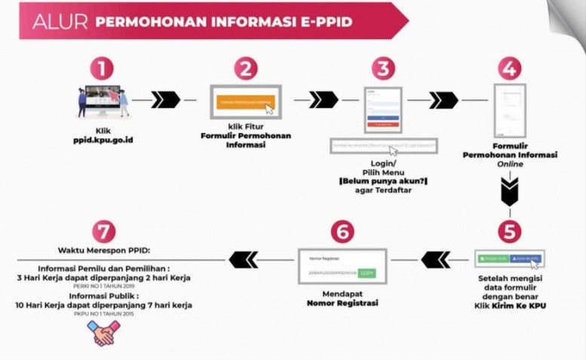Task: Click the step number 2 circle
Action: coord(247,69)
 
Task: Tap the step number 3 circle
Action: coord(382,69)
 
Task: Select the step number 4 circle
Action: coord(509,69)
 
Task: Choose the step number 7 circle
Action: coord(103,231)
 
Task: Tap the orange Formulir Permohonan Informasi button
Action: coord(245,100)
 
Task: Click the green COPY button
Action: coord(366,272)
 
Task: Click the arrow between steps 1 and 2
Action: coord(166,100)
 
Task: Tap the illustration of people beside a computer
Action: coord(103,101)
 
